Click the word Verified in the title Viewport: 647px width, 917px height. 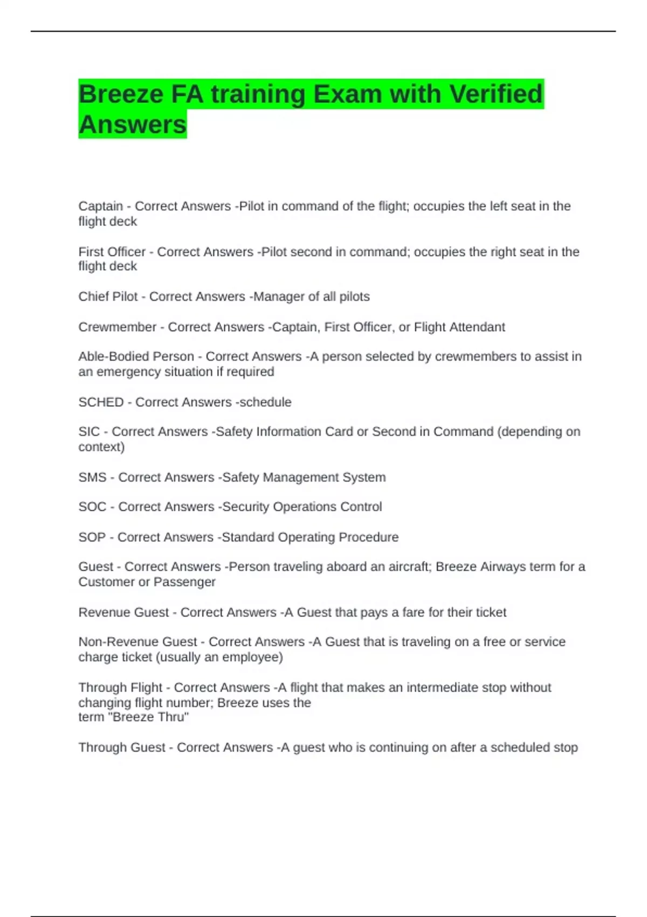[495, 94]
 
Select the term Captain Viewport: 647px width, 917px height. [100, 206]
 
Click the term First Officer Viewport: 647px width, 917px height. [112, 252]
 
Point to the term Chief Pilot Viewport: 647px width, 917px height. [108, 297]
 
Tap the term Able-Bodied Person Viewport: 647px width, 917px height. [136, 357]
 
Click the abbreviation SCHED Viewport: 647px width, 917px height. [101, 402]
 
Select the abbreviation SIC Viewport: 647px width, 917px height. [89, 432]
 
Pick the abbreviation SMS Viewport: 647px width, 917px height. [92, 477]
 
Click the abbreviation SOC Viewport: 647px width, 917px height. [92, 507]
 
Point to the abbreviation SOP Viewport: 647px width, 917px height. [92, 537]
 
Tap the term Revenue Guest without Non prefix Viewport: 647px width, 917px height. [123, 612]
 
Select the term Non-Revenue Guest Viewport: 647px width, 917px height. [137, 642]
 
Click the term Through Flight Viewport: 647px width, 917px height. [120, 688]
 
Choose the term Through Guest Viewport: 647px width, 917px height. [121, 748]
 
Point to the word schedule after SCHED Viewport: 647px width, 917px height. [265, 402]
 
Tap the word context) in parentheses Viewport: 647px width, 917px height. [101, 447]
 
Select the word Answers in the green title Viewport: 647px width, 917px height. [132, 125]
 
